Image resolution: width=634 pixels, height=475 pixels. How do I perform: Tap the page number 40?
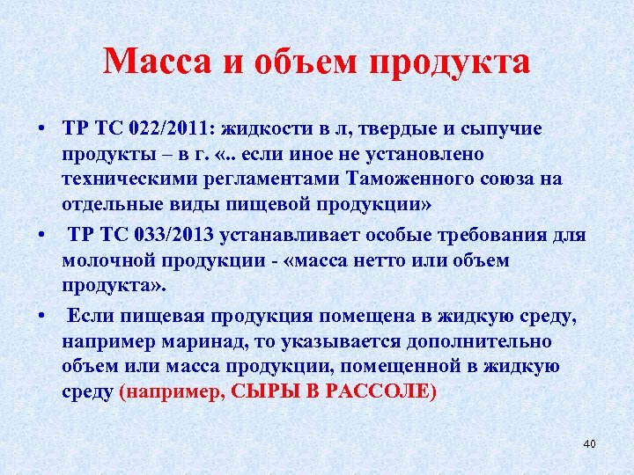[589, 443]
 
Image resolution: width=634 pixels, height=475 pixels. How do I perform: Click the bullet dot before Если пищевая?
[41, 316]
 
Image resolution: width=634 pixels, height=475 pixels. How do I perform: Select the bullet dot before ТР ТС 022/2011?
[41, 130]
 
